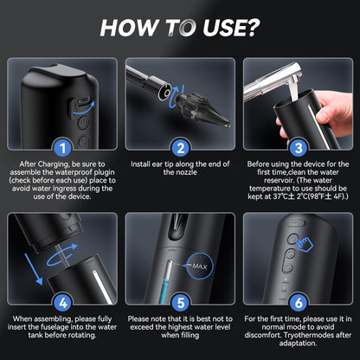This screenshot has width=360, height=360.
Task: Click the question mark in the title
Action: pos(249,27)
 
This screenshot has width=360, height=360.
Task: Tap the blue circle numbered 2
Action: pos(180,147)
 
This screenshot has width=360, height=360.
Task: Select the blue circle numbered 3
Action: pos(297,147)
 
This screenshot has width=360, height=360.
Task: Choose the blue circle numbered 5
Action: pos(180,302)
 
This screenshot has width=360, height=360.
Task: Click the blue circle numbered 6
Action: pos(297,302)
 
